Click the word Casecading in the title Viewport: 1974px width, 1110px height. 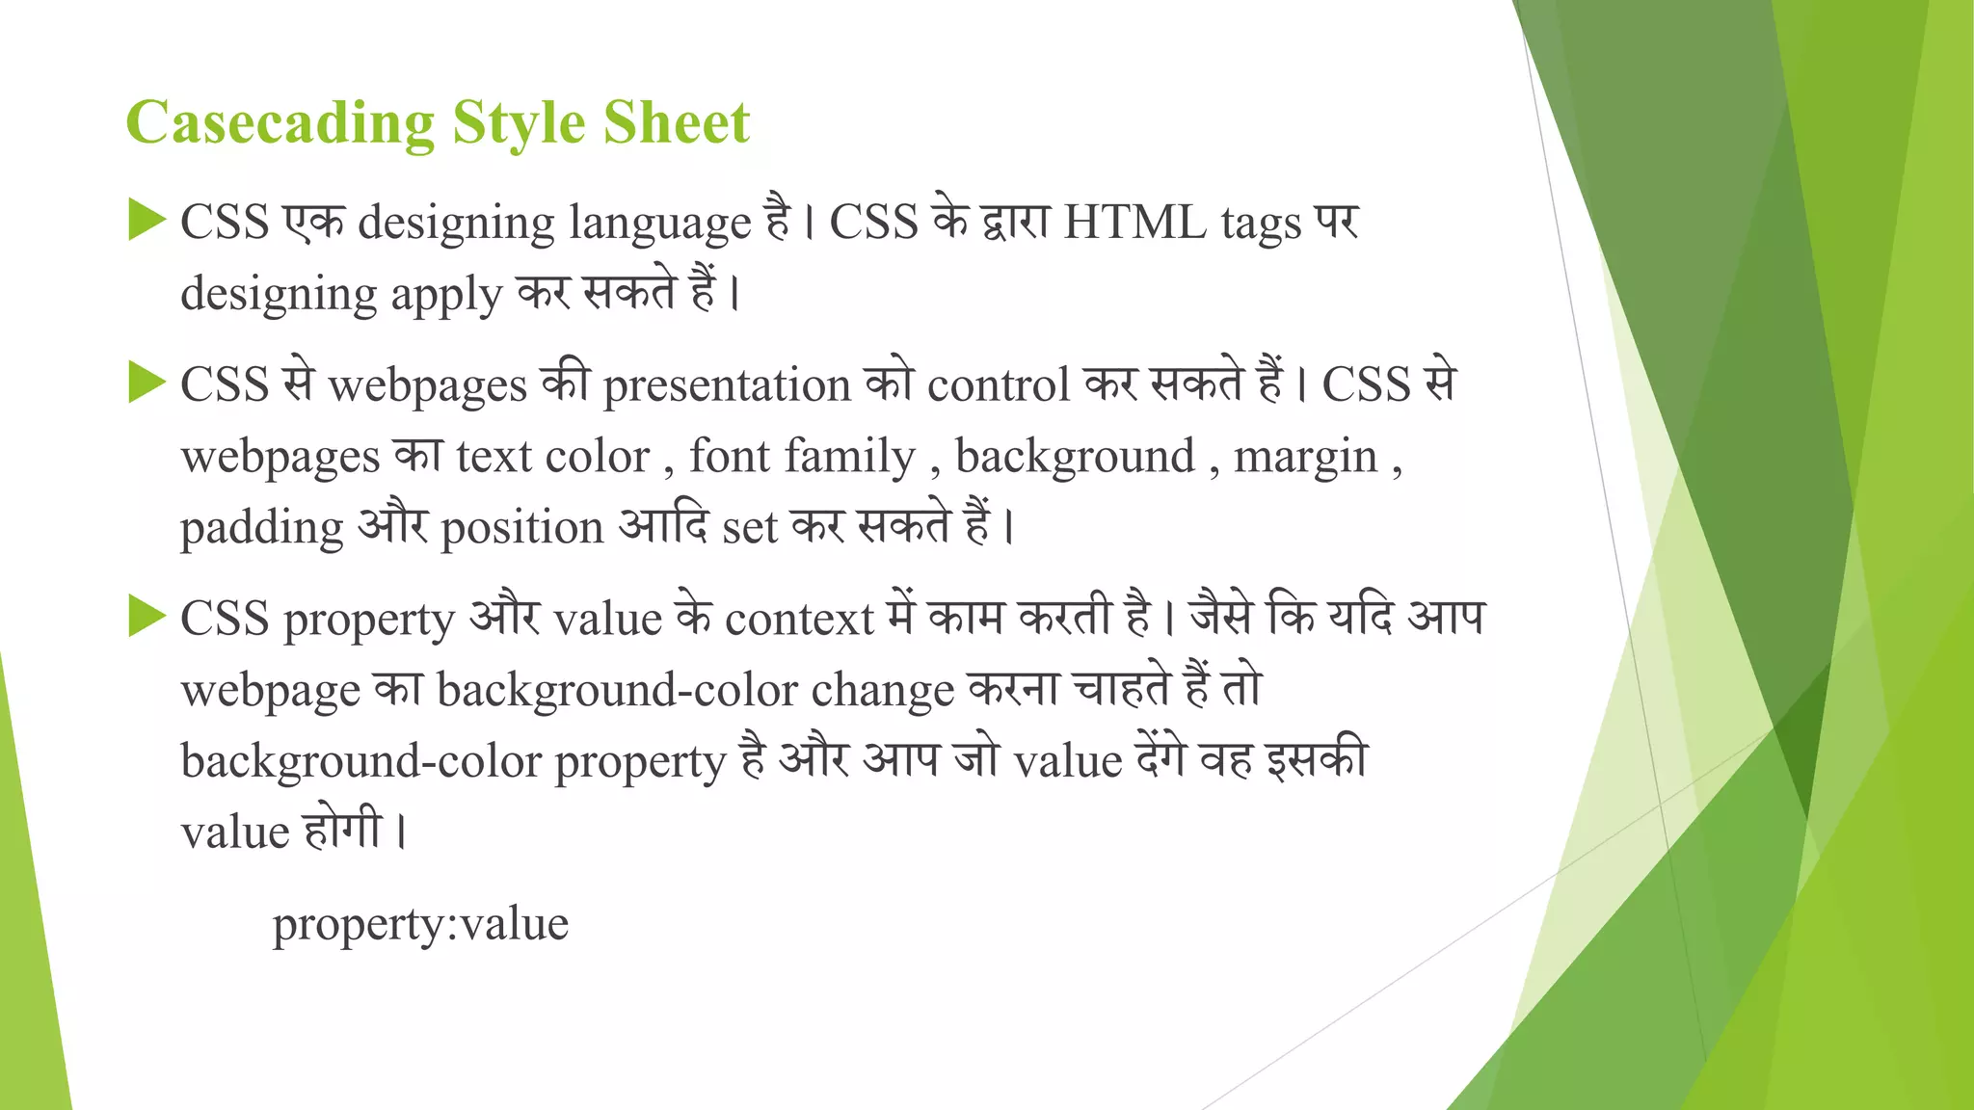280,123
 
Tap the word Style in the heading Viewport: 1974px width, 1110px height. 519,123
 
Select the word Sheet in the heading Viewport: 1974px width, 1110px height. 676,122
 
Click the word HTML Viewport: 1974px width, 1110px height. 1134,223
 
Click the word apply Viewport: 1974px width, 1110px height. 446,295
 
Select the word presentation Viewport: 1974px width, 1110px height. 727,385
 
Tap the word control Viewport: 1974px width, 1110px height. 999,384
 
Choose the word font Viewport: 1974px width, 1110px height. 729,456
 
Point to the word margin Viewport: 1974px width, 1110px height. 1305,457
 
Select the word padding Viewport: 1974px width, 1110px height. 262,528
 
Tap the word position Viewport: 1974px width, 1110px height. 521,528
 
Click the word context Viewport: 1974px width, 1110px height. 799,619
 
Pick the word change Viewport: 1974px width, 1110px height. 882,691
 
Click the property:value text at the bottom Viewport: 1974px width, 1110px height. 420,924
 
